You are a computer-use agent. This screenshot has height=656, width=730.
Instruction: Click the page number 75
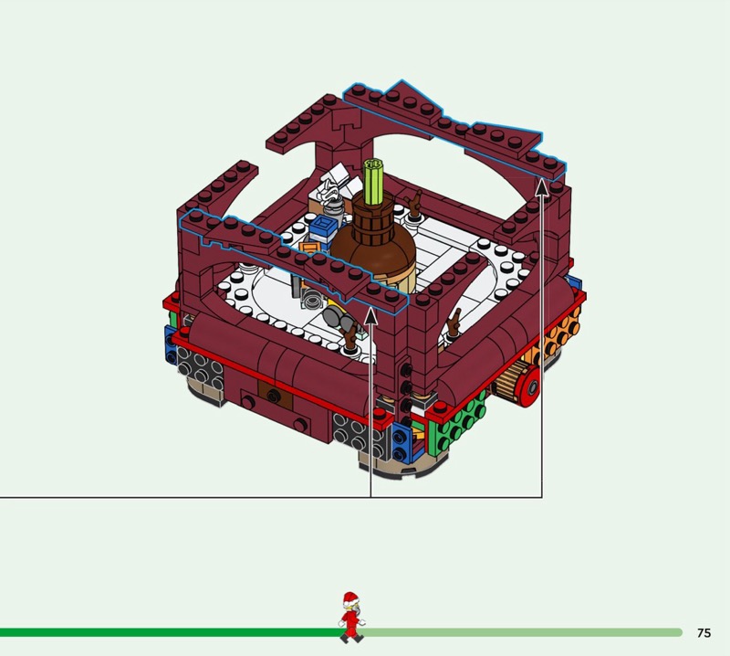[704, 632]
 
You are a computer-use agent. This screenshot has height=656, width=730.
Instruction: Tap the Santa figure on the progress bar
[351, 618]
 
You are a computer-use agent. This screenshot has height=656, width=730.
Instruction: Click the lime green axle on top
[373, 182]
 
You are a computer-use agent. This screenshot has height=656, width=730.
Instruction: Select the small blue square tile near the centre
[324, 227]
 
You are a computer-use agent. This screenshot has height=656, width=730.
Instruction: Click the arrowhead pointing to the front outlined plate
[370, 316]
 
